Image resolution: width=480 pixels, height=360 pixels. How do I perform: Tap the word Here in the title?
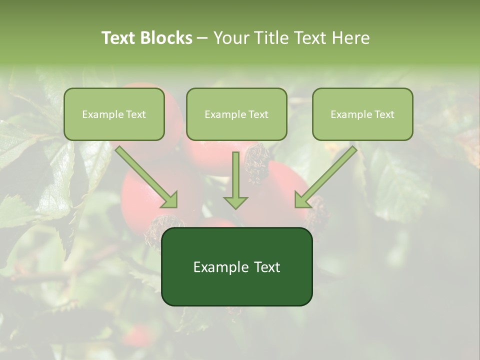click(x=352, y=38)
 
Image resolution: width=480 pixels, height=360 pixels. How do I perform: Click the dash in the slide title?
click(x=202, y=38)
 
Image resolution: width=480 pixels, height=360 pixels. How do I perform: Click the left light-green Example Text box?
click(x=114, y=114)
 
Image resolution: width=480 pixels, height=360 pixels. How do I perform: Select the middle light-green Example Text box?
click(x=236, y=114)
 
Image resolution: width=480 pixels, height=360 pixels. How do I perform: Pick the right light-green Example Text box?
click(x=362, y=114)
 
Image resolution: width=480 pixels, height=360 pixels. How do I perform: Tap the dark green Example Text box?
click(x=236, y=266)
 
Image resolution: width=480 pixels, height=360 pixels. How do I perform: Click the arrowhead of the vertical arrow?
click(x=235, y=202)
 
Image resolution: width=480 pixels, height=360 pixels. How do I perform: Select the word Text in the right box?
click(x=385, y=114)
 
